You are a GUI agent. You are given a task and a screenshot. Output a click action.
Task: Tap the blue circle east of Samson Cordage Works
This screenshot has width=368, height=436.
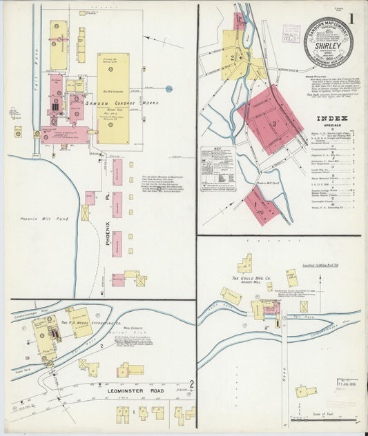point(169,88)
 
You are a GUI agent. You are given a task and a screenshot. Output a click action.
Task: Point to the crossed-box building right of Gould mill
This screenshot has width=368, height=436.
point(304,306)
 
